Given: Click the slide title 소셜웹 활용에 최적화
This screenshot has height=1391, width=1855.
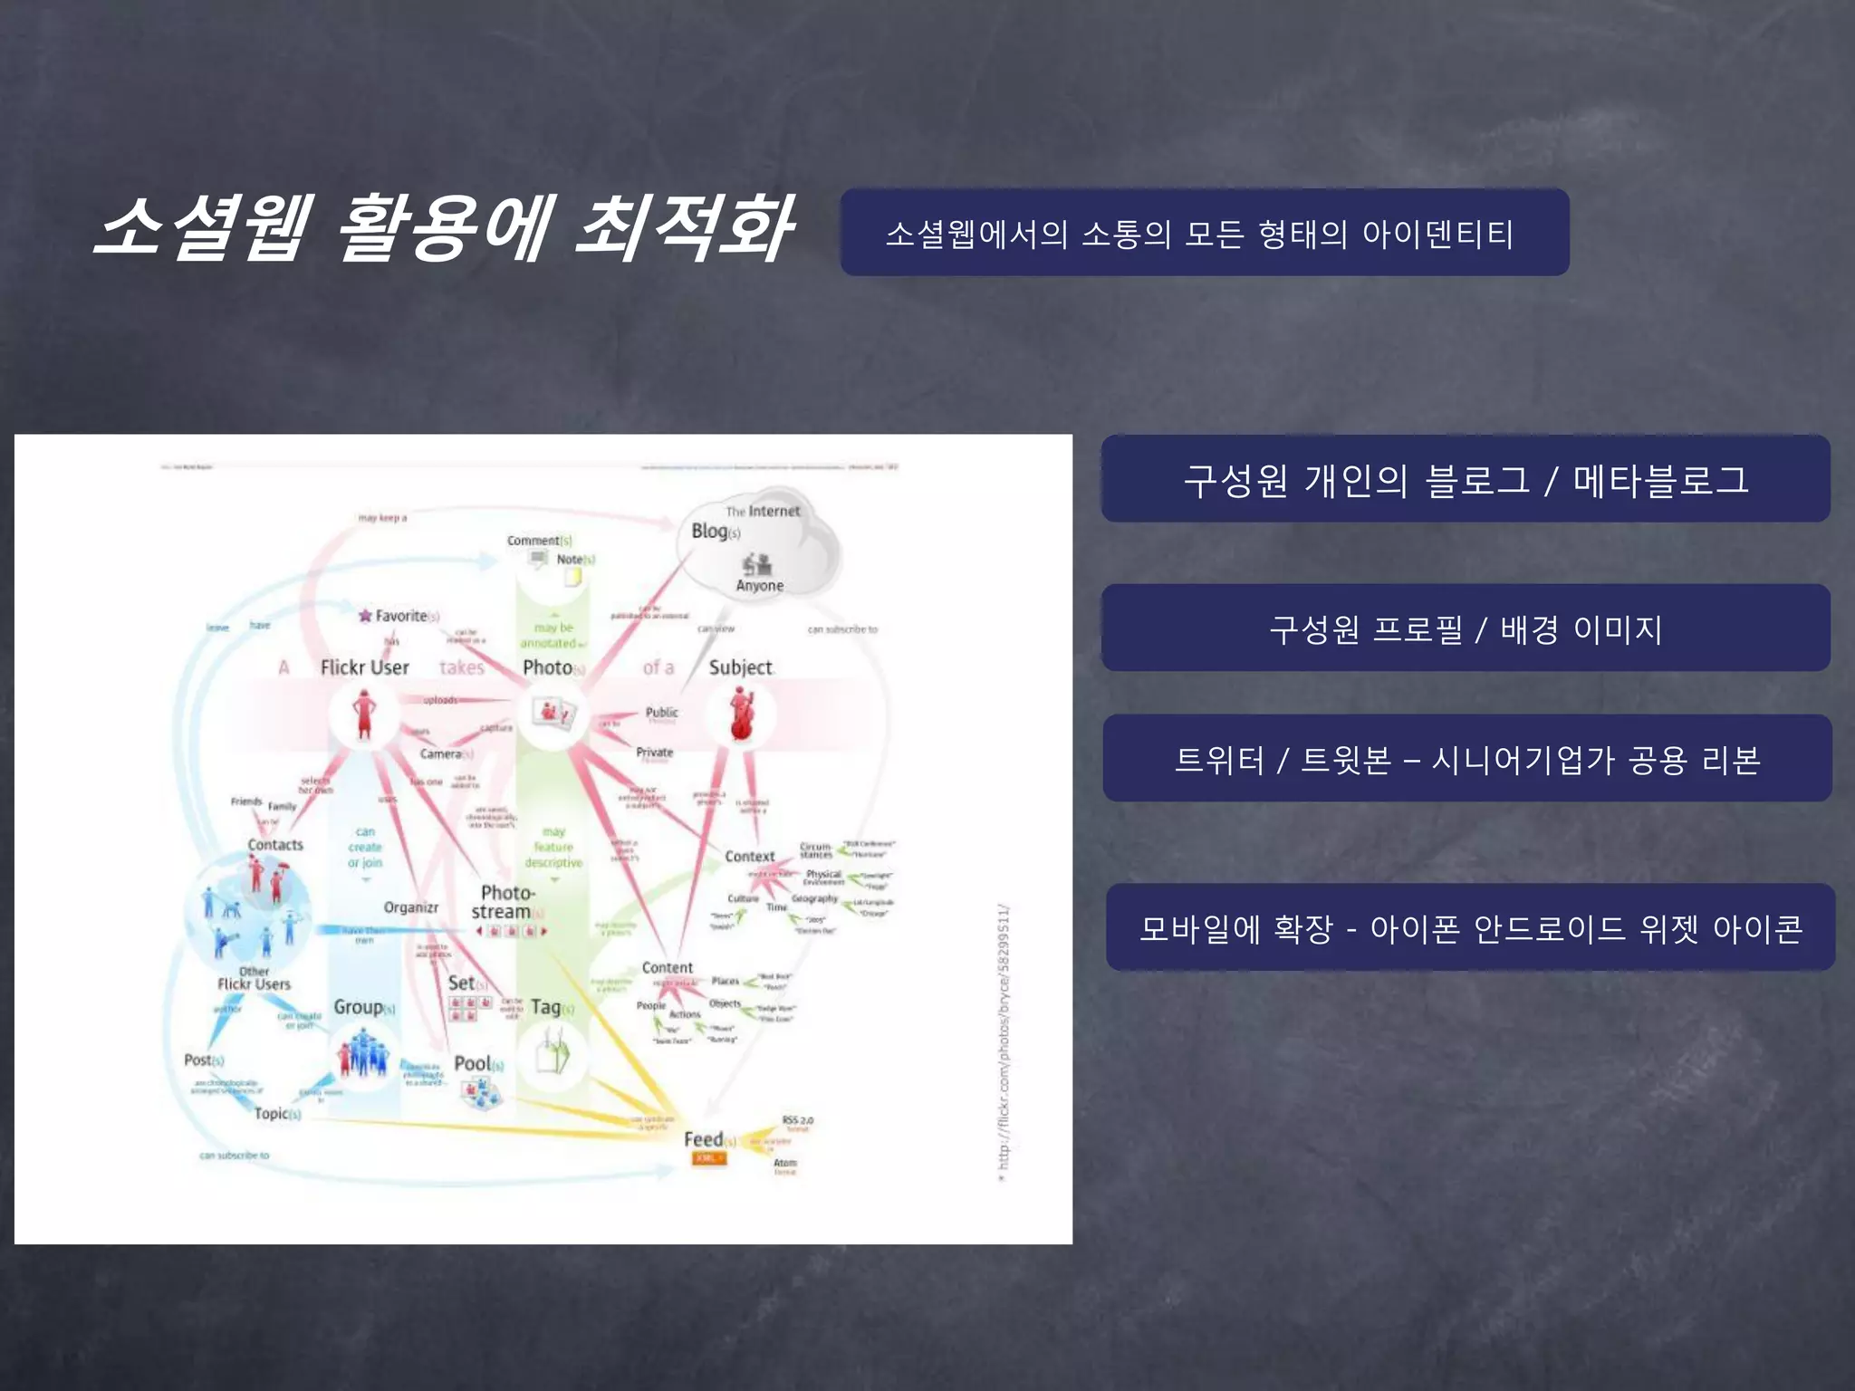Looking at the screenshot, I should (444, 228).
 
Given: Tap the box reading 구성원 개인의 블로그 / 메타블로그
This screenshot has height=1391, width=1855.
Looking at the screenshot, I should (1466, 479).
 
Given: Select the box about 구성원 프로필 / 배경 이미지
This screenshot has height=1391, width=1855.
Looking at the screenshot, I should (1466, 628).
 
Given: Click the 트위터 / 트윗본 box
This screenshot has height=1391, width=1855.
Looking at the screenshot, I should (1467, 759).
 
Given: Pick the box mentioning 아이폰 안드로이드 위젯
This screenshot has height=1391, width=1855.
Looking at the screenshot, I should (1470, 928).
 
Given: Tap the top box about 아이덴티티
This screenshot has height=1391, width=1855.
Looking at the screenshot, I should (1204, 233).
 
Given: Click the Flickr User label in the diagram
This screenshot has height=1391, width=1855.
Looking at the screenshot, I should (364, 667).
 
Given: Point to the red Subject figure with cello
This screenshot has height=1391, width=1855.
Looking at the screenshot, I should (741, 714).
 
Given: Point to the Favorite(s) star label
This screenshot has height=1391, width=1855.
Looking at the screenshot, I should (399, 616).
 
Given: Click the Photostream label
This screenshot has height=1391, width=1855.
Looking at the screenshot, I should (505, 902).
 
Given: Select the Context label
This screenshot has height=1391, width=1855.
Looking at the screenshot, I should (749, 856).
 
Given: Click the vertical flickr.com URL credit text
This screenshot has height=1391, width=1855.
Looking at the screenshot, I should (1003, 1041).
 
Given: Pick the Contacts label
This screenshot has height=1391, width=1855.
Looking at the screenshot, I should (275, 844).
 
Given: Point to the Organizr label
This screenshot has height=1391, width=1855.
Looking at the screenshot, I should (410, 907).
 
